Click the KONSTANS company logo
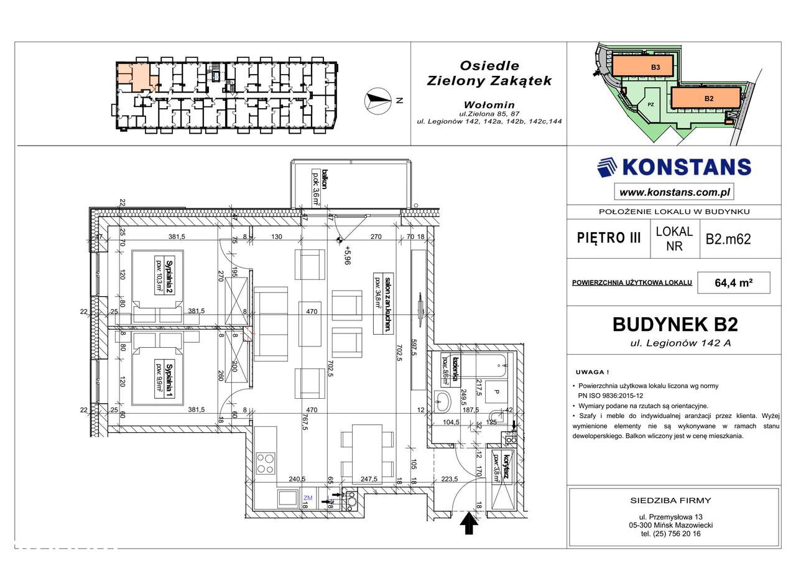(x=673, y=167)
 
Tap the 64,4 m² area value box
(x=734, y=282)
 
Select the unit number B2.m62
(x=728, y=239)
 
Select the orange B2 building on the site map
(x=707, y=98)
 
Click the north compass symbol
(x=376, y=100)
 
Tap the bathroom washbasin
(x=443, y=401)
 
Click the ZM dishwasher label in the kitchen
(x=308, y=498)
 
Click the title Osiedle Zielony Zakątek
(x=488, y=72)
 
